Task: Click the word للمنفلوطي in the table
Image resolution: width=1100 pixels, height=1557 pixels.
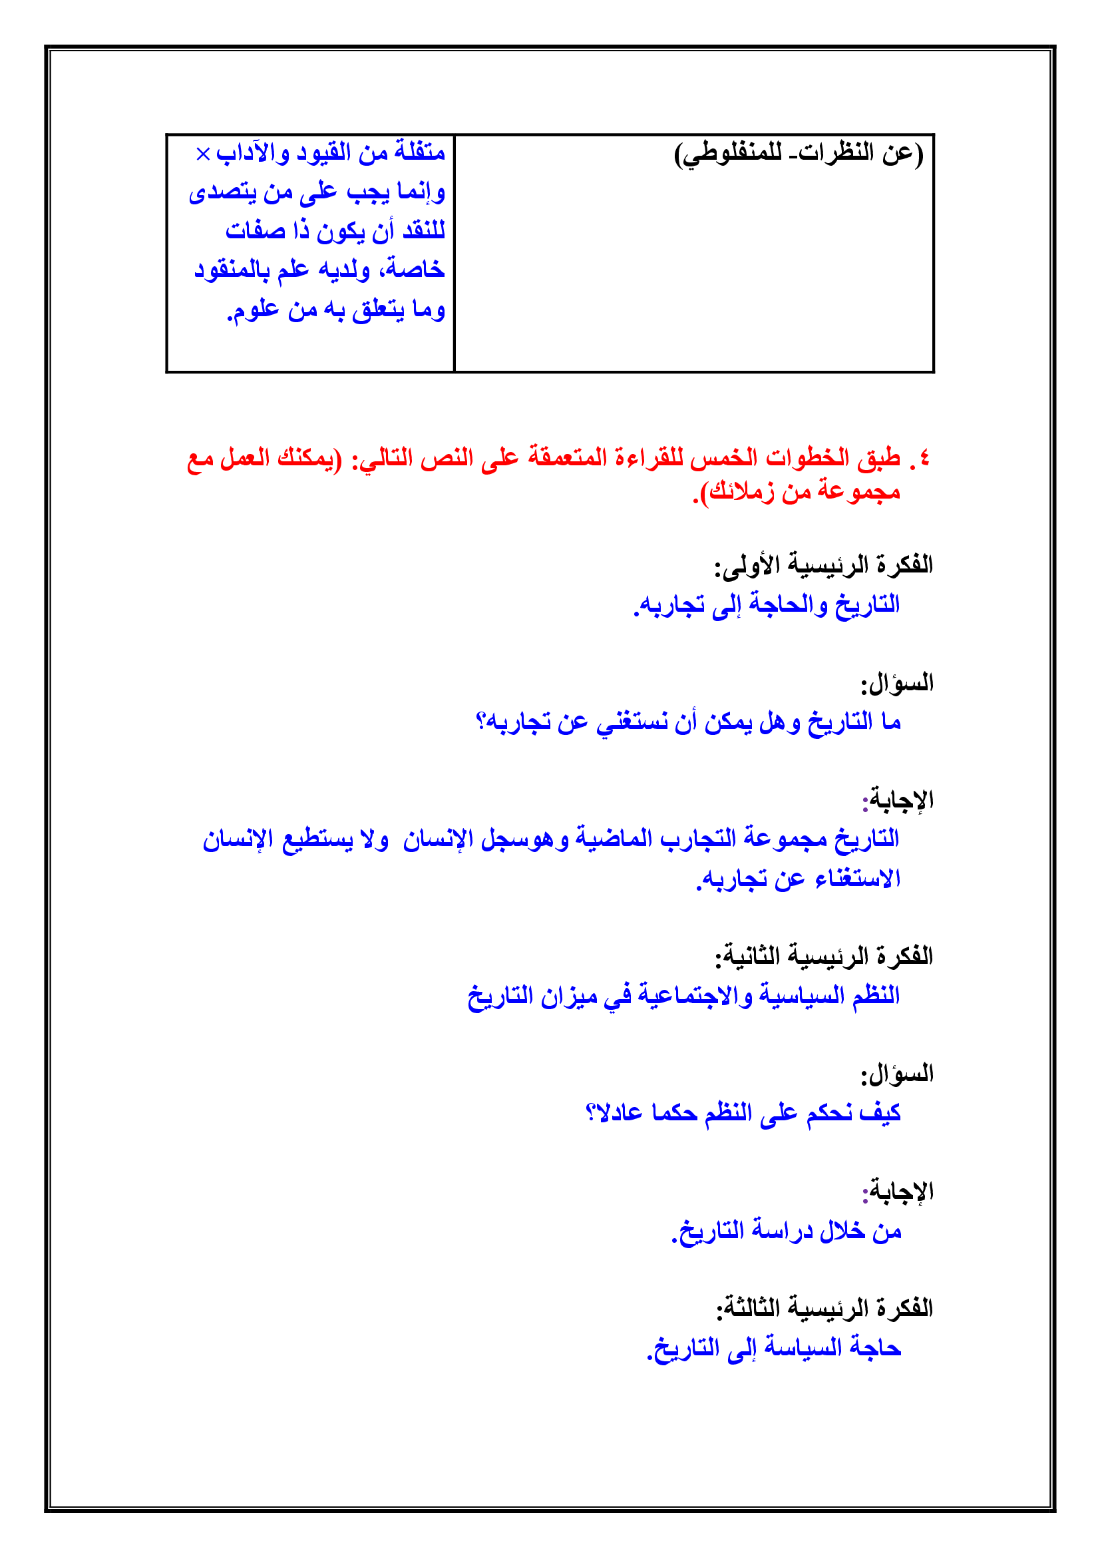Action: point(725,154)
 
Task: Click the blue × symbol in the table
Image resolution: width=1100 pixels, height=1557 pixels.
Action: point(203,154)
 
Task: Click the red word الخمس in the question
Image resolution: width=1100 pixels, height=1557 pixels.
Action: point(723,459)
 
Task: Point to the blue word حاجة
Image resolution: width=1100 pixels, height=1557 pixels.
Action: point(876,1348)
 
